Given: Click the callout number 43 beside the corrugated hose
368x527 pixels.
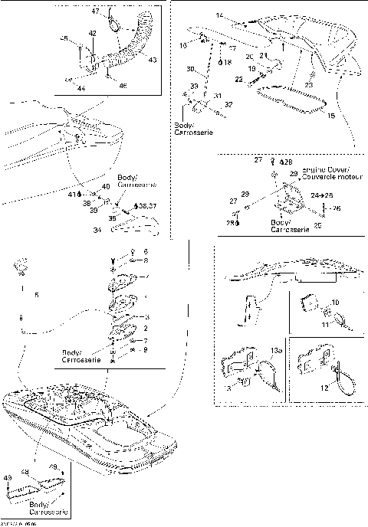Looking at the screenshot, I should pyautogui.click(x=152, y=59).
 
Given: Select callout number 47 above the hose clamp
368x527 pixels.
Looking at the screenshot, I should pyautogui.click(x=96, y=13).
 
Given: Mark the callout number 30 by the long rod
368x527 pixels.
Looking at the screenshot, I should pyautogui.click(x=190, y=69).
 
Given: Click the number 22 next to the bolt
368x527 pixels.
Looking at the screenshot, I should pyautogui.click(x=238, y=80).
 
